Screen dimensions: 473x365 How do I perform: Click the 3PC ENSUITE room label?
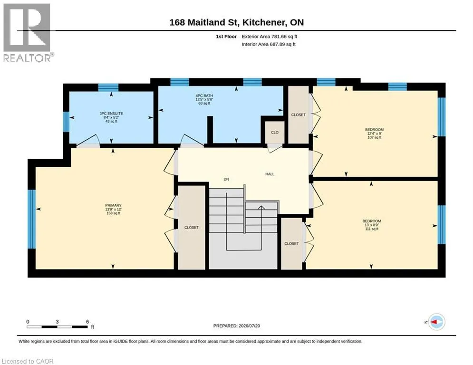tap(111, 114)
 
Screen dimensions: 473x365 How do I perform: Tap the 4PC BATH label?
tap(204, 96)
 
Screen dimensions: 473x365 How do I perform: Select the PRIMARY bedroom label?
tap(113, 205)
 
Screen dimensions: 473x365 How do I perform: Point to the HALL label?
tap(270, 174)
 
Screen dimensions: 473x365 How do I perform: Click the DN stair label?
tap(226, 179)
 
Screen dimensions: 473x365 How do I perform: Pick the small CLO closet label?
tap(274, 133)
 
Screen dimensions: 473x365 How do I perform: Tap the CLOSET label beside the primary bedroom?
tap(192, 228)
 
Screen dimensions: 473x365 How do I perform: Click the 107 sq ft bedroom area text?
tap(374, 137)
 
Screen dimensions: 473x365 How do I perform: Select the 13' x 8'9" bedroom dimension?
tap(372, 225)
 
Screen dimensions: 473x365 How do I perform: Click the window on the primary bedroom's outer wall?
tap(31, 219)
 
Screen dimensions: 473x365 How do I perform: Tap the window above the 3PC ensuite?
tap(108, 87)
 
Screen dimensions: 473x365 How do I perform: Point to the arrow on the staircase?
tap(261, 207)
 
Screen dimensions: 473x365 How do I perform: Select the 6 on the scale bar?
tap(87, 322)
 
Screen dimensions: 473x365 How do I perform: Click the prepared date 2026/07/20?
tap(249, 326)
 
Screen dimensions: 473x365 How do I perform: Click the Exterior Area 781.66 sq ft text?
tap(270, 37)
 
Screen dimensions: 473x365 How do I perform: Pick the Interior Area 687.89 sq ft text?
tap(269, 44)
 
